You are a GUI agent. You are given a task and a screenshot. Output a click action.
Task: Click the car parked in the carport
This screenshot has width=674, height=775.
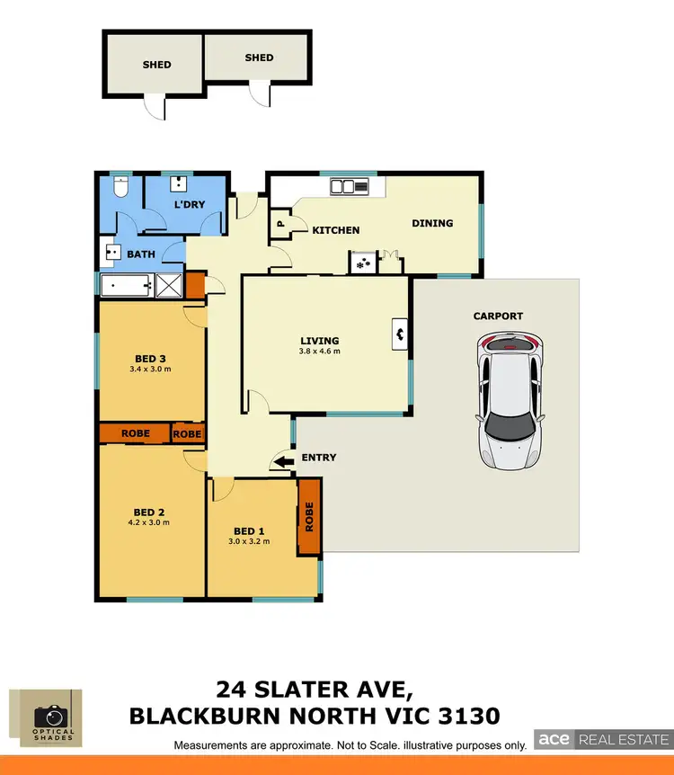coord(510,400)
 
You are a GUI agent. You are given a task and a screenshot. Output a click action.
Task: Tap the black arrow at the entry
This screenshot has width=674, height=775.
coord(283,462)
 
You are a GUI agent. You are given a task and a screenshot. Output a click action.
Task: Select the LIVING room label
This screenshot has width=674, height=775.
coord(320,341)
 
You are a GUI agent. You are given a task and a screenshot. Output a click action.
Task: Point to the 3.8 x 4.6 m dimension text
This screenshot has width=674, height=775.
coord(320,352)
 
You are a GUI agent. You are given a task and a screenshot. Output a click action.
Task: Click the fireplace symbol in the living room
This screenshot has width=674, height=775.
coord(399,334)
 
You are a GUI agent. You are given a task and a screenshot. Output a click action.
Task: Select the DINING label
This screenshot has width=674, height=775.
coord(432,223)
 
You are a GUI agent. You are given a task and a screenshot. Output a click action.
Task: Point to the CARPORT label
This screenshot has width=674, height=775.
coord(498,316)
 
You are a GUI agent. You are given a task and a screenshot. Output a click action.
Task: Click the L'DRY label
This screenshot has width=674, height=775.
coord(190,204)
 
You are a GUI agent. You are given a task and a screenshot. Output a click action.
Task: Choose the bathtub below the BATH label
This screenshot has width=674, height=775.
coord(127,286)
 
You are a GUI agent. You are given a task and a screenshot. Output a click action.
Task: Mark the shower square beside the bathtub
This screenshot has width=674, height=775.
coord(169,286)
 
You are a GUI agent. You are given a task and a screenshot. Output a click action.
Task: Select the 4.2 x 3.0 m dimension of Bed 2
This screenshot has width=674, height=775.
coord(151,521)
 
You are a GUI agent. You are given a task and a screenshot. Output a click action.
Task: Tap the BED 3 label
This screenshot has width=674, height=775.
coord(150,359)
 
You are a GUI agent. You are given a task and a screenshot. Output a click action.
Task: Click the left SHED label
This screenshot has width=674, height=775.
coord(156,65)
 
